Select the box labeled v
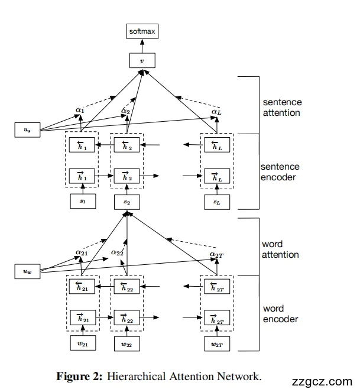coord(141,60)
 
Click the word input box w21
coord(82,343)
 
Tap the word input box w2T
coord(216,343)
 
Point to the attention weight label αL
coord(216,111)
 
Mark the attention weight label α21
coord(82,252)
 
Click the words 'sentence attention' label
coord(281,107)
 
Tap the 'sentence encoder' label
coord(281,172)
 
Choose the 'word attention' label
coord(281,249)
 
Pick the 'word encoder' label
coord(281,313)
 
